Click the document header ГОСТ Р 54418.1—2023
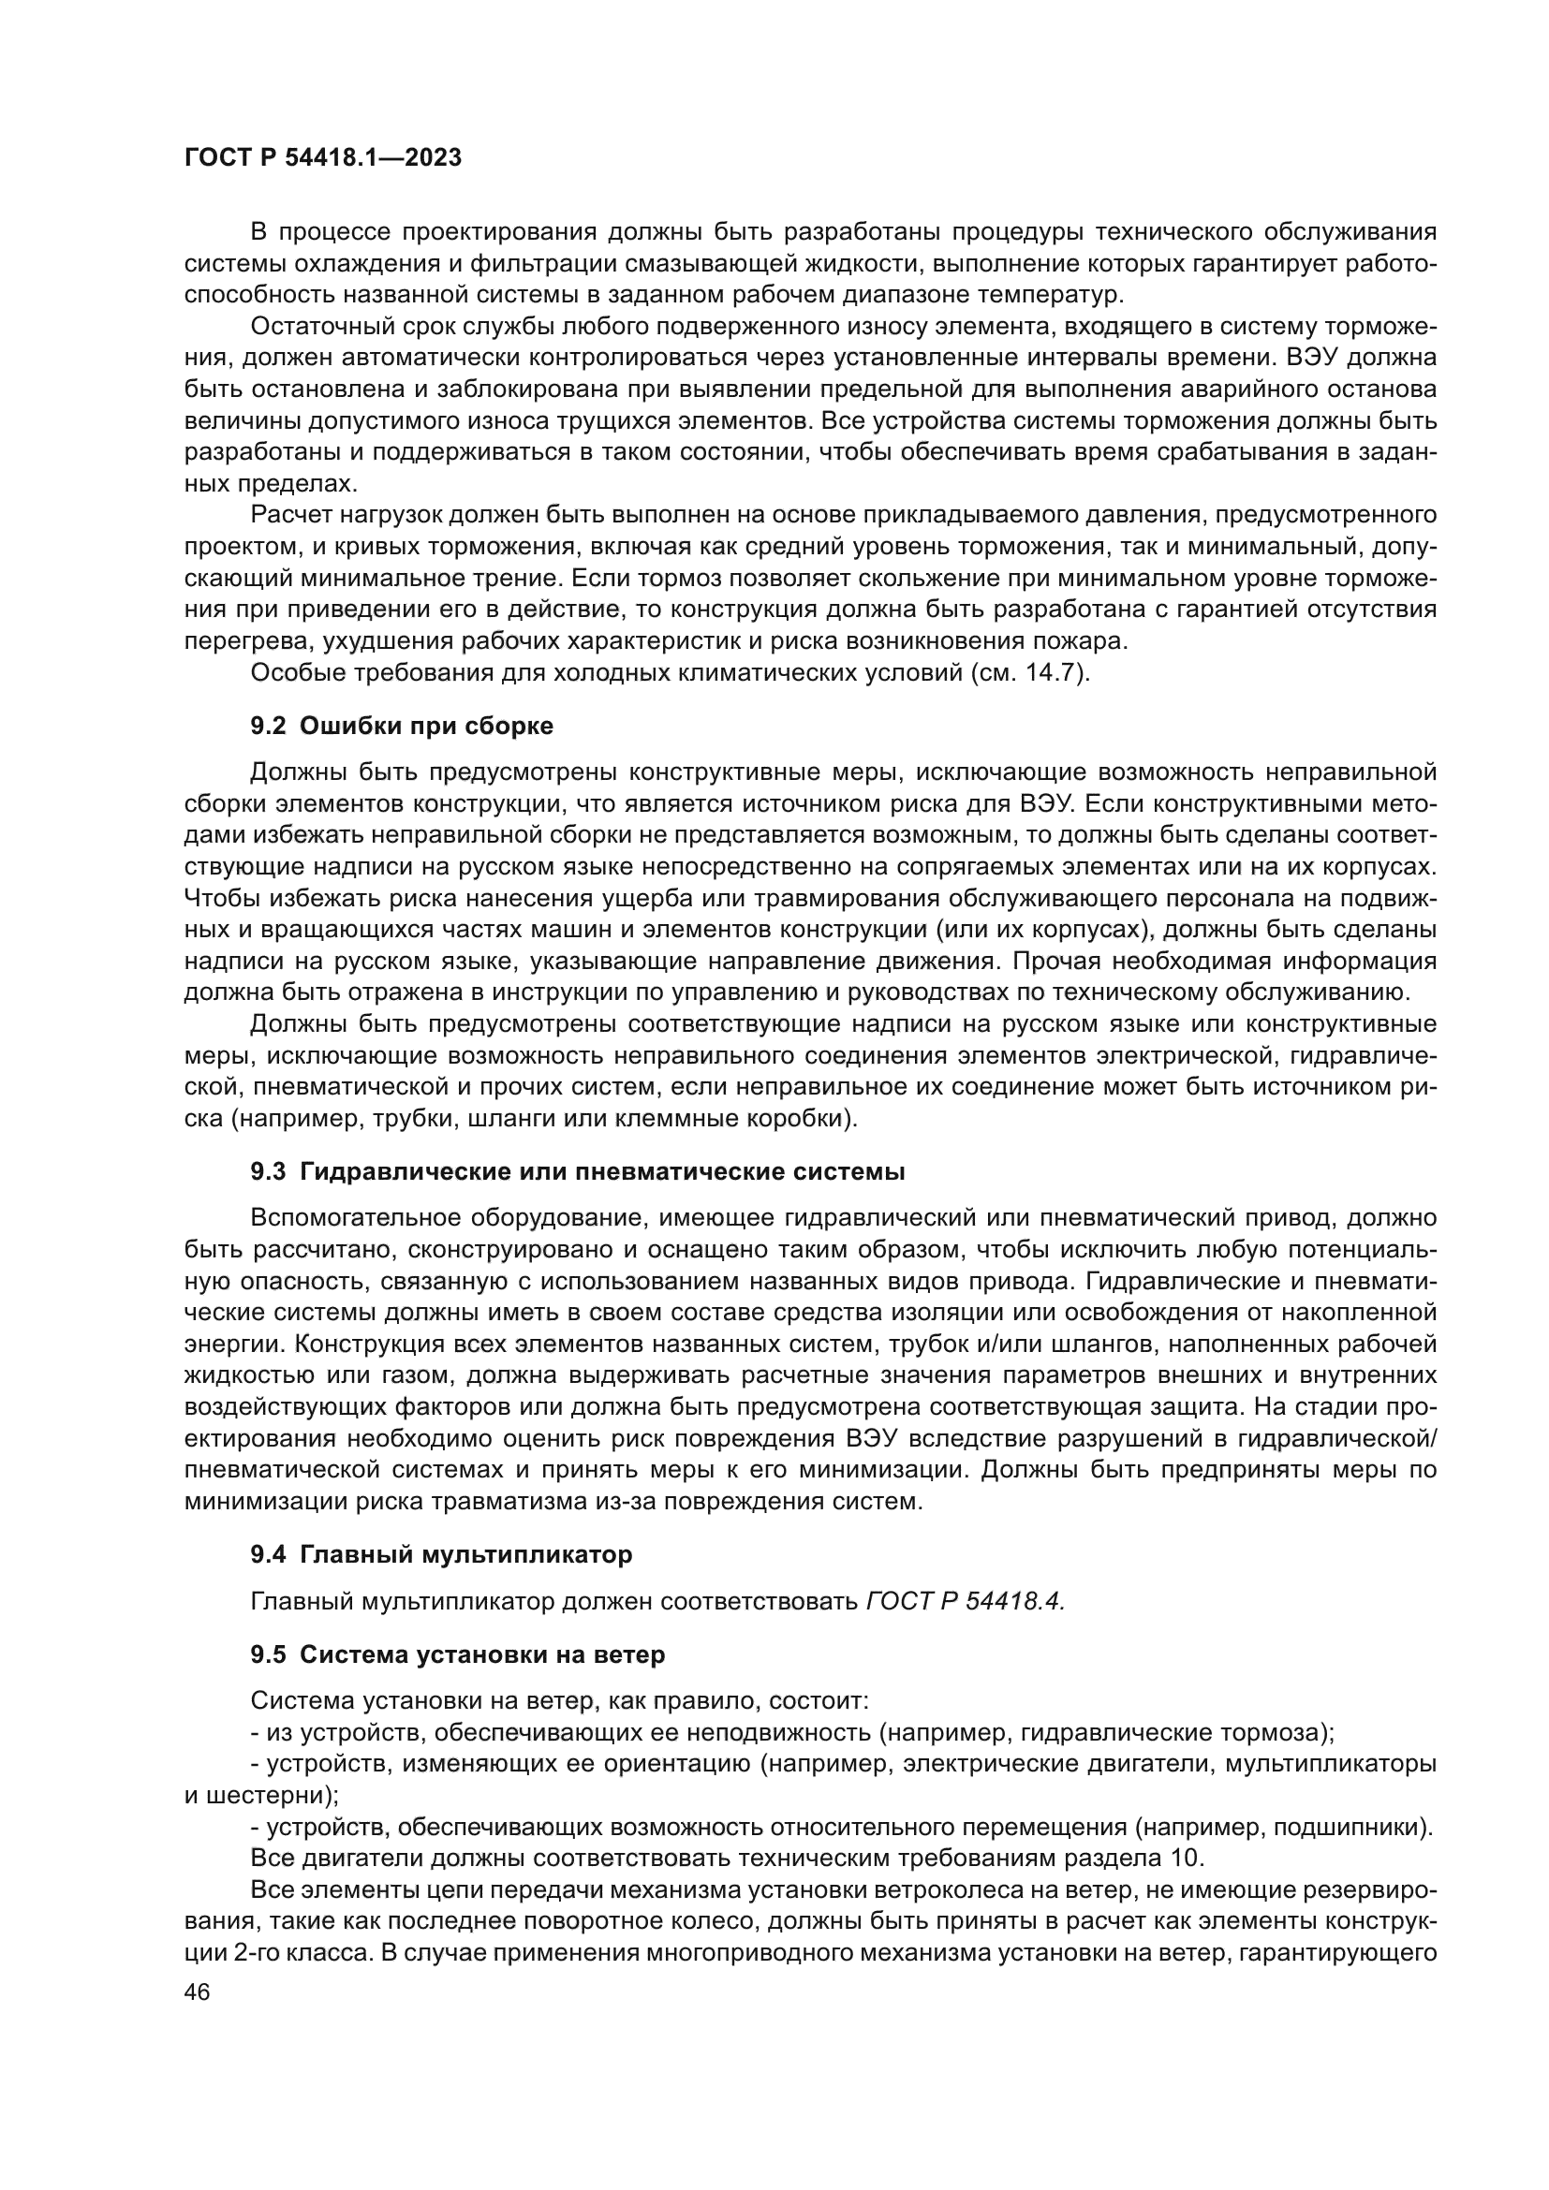[x=322, y=158]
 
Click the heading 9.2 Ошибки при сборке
[x=402, y=726]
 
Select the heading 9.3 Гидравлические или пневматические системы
[x=577, y=1172]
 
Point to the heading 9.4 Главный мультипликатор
[x=441, y=1555]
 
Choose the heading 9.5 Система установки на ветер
[x=458, y=1654]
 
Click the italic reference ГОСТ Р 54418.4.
[x=965, y=1601]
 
